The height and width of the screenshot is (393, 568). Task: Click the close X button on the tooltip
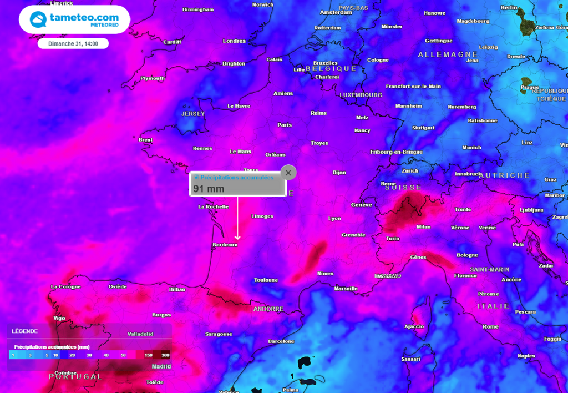click(288, 173)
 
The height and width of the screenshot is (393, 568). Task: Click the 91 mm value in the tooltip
click(209, 189)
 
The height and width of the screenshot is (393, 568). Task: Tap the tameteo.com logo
click(74, 19)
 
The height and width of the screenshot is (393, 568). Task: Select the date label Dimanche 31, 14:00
click(73, 43)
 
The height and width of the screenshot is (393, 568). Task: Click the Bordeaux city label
click(225, 244)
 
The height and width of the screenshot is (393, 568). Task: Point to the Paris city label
click(285, 125)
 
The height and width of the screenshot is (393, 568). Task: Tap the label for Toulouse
click(266, 280)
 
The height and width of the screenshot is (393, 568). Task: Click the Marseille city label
click(346, 289)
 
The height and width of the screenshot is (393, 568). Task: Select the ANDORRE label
click(268, 309)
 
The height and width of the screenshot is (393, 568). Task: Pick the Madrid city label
click(161, 366)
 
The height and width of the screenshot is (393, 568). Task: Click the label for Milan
click(423, 226)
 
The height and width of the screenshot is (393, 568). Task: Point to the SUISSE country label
click(403, 188)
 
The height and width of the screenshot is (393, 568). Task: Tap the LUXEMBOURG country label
click(361, 95)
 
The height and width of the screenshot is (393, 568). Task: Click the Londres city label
click(234, 41)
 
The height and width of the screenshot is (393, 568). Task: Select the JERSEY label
click(193, 114)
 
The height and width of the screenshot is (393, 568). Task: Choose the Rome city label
click(490, 326)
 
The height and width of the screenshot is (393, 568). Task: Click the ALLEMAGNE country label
click(448, 54)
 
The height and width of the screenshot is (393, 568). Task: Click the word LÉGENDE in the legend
click(25, 331)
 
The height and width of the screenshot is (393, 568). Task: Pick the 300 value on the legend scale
click(165, 355)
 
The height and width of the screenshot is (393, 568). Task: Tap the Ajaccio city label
click(414, 326)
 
